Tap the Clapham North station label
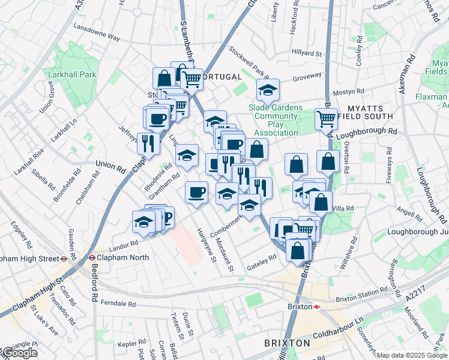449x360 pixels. click(118, 258)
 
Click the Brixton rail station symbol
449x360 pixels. click(316, 306)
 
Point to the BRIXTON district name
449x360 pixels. click(287, 343)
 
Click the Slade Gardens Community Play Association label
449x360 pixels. click(276, 120)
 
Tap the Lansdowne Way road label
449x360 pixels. click(96, 33)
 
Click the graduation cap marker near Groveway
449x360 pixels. click(268, 90)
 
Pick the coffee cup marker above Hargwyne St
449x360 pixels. click(196, 192)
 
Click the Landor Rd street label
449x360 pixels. click(124, 245)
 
